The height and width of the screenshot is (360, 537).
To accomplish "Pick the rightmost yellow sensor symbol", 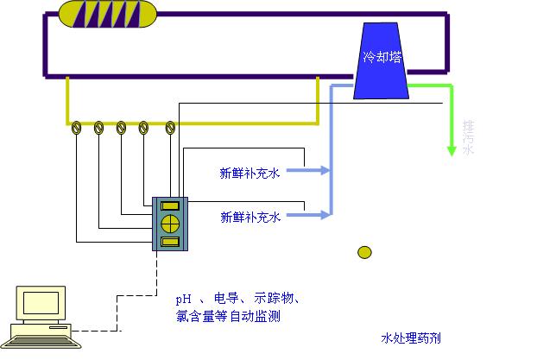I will coord(170,128).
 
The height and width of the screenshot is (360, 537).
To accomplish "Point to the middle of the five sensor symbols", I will coord(122,128).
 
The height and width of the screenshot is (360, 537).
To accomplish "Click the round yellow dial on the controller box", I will coord(169,223).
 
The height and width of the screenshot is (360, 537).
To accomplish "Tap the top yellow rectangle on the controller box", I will coord(169,205).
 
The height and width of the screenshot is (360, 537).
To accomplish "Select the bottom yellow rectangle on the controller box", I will coord(169,241).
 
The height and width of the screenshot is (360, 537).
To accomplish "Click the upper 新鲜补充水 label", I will coord(250,174).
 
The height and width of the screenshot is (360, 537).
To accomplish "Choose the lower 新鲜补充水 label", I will coord(250,217).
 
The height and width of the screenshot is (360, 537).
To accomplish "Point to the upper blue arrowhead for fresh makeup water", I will coord(325,170).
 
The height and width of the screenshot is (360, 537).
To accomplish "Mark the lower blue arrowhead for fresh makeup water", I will coord(325,212).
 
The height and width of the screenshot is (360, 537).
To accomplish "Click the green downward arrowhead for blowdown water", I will coord(451,150).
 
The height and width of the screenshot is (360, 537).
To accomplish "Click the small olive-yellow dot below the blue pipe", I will coord(365,252).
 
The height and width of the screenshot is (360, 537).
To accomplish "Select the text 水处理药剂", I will coord(411,338).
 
